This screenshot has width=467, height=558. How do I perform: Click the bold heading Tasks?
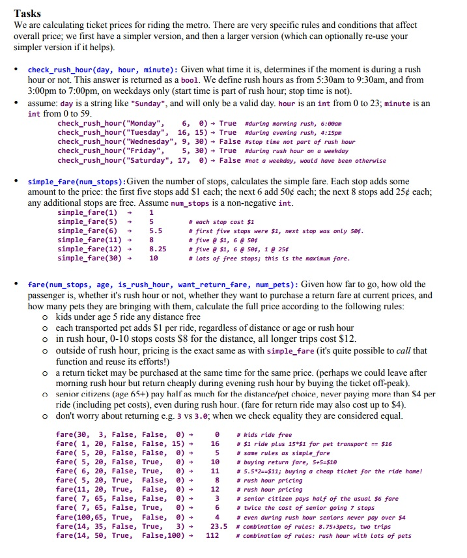(x=27, y=13)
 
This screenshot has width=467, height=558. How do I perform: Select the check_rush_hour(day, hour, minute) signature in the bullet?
(x=102, y=70)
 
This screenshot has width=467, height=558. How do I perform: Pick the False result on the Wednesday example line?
(x=230, y=141)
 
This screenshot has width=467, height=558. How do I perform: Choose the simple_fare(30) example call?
(x=87, y=258)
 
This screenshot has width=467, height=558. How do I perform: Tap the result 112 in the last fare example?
(x=212, y=536)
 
